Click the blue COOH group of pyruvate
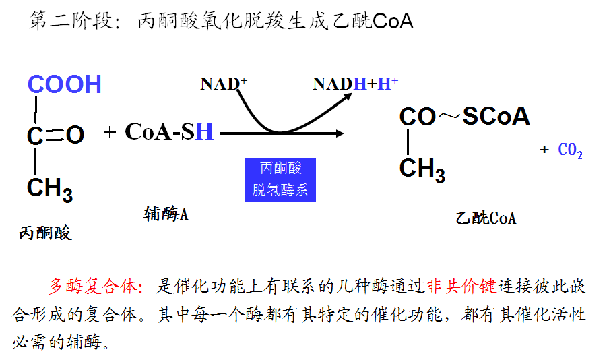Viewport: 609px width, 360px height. [x=64, y=84]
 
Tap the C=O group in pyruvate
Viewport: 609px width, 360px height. [x=55, y=135]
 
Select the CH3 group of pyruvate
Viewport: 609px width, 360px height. [x=49, y=189]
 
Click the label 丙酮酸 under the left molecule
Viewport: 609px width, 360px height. [x=45, y=233]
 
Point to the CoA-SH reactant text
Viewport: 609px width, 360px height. [x=169, y=131]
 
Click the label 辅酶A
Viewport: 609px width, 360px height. [x=166, y=214]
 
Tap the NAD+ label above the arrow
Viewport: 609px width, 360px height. [x=224, y=84]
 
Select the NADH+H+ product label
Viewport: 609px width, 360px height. [x=355, y=84]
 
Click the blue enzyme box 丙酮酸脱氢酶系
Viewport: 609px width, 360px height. [x=280, y=179]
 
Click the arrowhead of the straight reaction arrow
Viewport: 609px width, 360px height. [x=339, y=133]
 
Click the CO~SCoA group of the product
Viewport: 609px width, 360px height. [x=464, y=117]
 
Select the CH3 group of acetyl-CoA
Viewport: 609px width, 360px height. [x=422, y=169]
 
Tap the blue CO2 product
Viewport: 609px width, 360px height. [x=571, y=151]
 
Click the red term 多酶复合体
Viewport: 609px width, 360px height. [x=93, y=287]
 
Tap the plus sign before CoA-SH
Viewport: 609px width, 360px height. [x=110, y=132]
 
